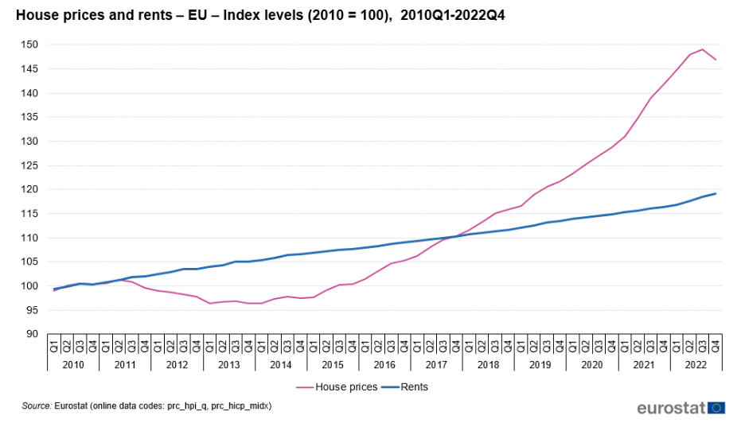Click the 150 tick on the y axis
[30, 45]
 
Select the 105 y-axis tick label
[30, 262]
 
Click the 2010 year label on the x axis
[73, 363]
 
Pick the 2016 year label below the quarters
[384, 363]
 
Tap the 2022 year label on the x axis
[696, 363]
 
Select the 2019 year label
[540, 363]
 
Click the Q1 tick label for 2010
[54, 346]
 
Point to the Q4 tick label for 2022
[716, 346]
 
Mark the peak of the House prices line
[703, 49]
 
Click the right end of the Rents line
[716, 193]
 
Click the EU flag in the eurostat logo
[717, 407]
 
